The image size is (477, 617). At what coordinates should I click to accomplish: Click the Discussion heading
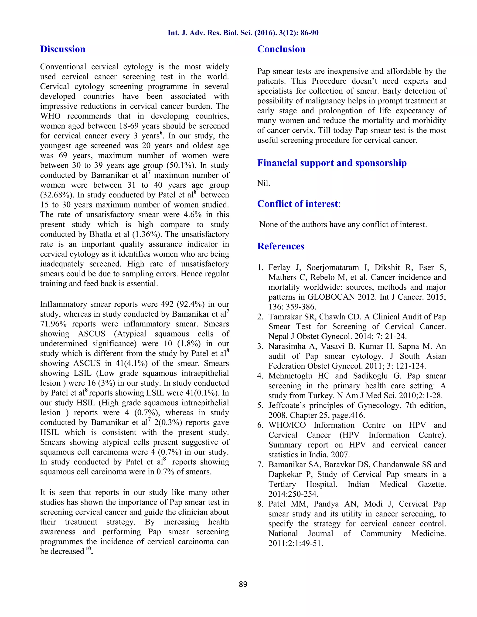coord(63,49)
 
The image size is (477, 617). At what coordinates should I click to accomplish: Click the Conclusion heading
coord(281,49)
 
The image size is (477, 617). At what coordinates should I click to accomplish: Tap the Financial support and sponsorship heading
coord(332,163)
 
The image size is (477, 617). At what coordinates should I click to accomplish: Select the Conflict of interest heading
coord(298,204)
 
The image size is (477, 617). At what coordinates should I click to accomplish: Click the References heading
coord(280,246)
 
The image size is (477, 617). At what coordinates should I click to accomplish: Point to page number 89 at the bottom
coord(243,584)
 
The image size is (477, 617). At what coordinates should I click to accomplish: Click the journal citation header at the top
coord(243,33)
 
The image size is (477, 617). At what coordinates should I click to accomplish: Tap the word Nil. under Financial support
coord(263,183)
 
